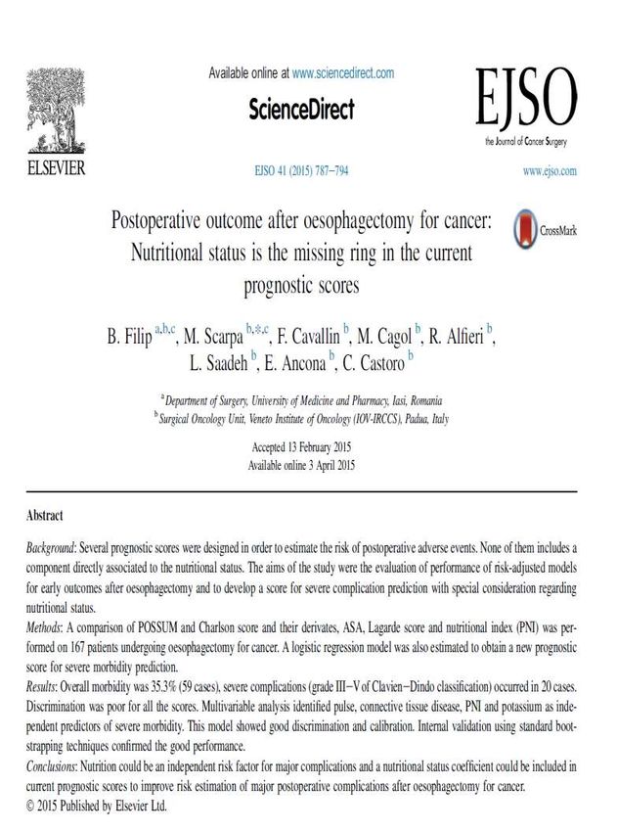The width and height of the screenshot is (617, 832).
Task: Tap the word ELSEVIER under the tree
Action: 55,167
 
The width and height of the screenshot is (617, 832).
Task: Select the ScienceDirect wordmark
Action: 301,108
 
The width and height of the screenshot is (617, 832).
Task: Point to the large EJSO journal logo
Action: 526,99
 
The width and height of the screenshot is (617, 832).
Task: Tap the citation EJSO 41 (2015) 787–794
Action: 301,171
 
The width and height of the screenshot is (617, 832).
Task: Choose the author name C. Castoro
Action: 372,364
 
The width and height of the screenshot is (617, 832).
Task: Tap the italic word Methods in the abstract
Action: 47,624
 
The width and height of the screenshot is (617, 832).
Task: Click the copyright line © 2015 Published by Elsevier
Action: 98,806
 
